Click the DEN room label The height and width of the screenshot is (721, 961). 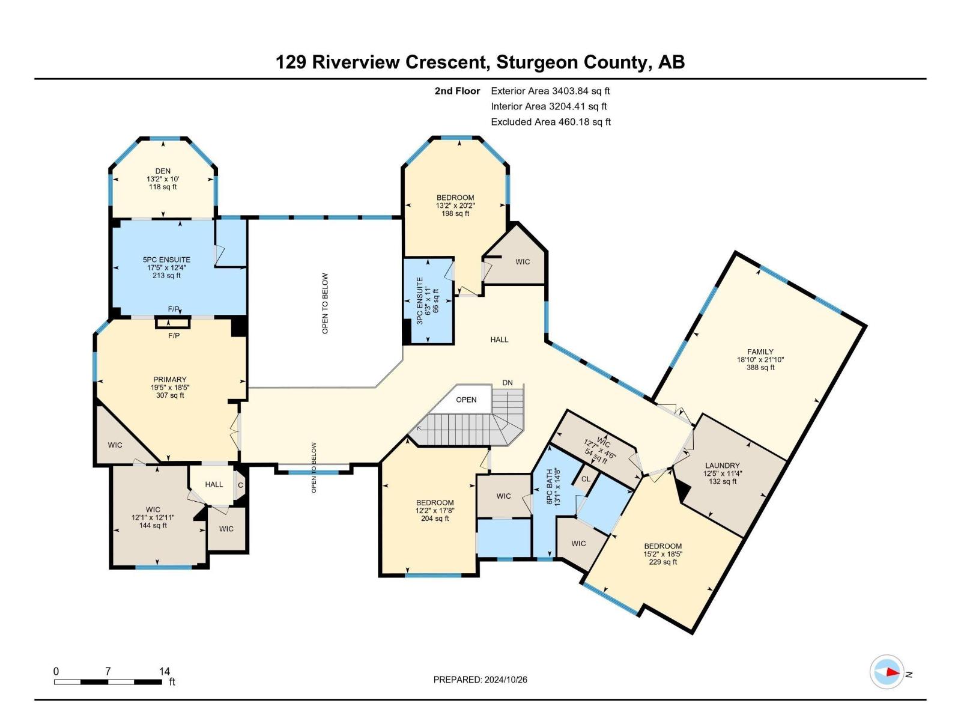pyautogui.click(x=163, y=171)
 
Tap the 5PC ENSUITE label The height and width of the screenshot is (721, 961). pyautogui.click(x=166, y=260)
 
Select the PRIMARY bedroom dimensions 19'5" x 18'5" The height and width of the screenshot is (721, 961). pyautogui.click(x=170, y=388)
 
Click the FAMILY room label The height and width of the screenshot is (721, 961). pyautogui.click(x=760, y=351)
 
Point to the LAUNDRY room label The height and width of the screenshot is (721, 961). pyautogui.click(x=722, y=465)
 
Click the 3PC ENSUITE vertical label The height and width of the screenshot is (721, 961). pyautogui.click(x=420, y=300)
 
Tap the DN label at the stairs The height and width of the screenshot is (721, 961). pyautogui.click(x=508, y=383)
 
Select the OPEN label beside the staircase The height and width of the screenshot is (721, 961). pyautogui.click(x=466, y=400)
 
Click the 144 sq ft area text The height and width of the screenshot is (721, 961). pyautogui.click(x=153, y=525)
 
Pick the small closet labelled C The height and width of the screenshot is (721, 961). pyautogui.click(x=240, y=485)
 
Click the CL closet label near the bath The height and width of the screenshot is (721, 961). pyautogui.click(x=586, y=479)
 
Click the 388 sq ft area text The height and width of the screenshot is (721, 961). pyautogui.click(x=760, y=367)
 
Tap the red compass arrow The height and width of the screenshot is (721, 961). pyautogui.click(x=892, y=672)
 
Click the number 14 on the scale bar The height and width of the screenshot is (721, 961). pyautogui.click(x=165, y=671)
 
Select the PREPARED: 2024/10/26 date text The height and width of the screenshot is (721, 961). pyautogui.click(x=480, y=680)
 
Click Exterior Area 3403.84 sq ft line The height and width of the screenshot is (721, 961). pyautogui.click(x=550, y=91)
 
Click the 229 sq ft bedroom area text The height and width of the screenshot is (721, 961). pyautogui.click(x=663, y=562)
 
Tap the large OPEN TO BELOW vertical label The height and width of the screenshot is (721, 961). pyautogui.click(x=325, y=303)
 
